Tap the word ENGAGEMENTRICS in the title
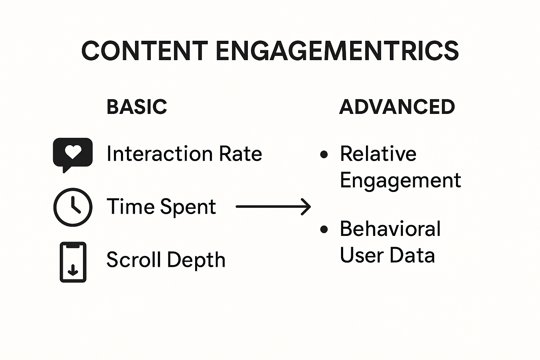[337, 51]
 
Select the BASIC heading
[137, 107]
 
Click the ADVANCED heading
[397, 107]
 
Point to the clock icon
[73, 207]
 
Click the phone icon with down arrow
[73, 262]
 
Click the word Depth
[196, 261]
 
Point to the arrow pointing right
[273, 207]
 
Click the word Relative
[378, 154]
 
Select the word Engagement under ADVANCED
[400, 181]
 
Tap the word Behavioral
[390, 229]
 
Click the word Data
[412, 255]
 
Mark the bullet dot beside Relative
[324, 154]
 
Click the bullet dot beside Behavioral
[324, 230]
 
